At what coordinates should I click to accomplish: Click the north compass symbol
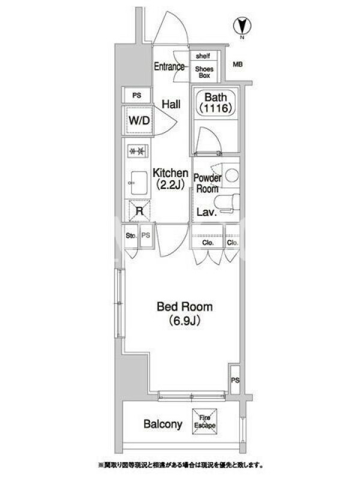pos(242,26)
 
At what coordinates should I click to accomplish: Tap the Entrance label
pos(169,67)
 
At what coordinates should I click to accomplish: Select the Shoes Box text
pos(204,72)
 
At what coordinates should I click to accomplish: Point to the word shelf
pos(203,56)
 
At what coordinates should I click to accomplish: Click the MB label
pos(238,64)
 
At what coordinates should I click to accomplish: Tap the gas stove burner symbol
pos(137,151)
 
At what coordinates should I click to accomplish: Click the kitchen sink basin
pos(139,183)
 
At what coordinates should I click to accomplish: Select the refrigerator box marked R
pos(139,211)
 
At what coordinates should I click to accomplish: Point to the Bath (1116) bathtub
pos(216,103)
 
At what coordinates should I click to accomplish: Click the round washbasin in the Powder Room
pos(232,175)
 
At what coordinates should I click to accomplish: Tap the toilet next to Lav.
pos(227,203)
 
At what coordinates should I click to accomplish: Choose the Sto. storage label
pos(131,235)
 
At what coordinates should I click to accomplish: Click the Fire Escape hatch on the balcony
pos(205,421)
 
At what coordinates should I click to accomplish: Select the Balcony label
pos(163,424)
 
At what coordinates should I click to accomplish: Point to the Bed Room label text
pos(185,307)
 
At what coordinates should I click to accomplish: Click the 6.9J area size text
pos(185,320)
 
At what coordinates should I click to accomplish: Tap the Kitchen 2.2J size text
pos(170,185)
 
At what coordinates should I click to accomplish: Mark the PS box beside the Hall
pos(137,95)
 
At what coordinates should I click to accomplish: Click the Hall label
pos(171,104)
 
